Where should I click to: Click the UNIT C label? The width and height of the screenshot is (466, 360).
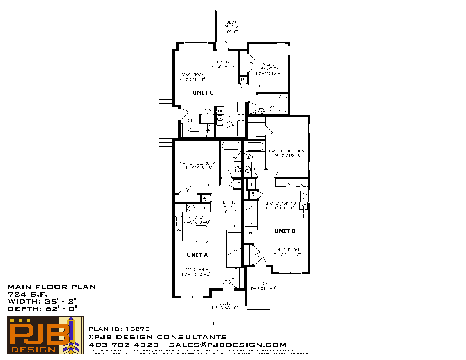tap(203, 93)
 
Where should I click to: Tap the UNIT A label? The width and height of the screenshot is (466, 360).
tap(197, 255)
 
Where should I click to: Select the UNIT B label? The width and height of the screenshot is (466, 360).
tap(285, 231)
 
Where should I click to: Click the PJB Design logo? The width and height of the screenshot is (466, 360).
tap(45, 335)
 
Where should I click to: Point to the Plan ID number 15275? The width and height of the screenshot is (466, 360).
tap(138, 329)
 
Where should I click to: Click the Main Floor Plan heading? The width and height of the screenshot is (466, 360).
tap(52, 287)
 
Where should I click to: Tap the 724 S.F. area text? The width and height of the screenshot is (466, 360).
tap(27, 294)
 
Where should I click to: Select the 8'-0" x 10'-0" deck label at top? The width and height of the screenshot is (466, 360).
tap(231, 27)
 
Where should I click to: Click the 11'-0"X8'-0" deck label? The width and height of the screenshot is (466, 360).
tap(225, 306)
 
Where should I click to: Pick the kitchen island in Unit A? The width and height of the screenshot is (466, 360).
tap(202, 234)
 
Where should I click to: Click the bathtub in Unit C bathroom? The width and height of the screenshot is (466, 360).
tap(283, 104)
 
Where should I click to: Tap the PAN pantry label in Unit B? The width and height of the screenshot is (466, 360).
tap(253, 195)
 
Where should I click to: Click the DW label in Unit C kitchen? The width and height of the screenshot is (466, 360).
tap(220, 111)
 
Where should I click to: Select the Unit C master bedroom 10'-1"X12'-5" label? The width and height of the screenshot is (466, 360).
tap(270, 69)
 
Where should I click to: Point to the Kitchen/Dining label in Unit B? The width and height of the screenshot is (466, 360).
tap(280, 203)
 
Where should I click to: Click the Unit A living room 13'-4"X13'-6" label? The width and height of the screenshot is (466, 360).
tap(196, 272)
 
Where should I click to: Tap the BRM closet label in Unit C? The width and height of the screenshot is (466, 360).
tap(243, 80)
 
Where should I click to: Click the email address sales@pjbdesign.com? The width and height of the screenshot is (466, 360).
tap(227, 345)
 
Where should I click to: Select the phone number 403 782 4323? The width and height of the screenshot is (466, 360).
tap(124, 345)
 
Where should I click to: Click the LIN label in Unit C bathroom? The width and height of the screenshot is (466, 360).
tap(253, 112)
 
